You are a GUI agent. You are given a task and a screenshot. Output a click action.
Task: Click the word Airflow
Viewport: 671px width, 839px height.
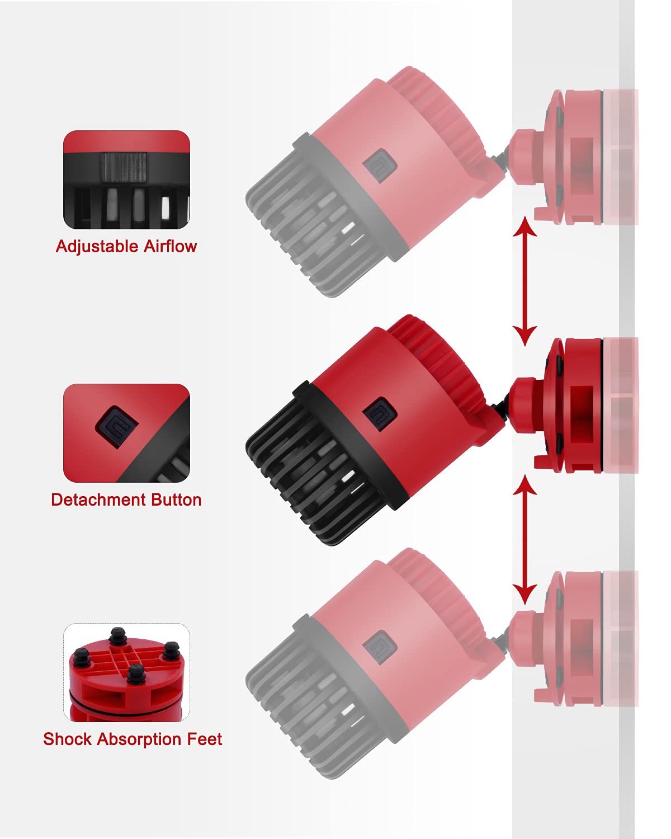(x=170, y=247)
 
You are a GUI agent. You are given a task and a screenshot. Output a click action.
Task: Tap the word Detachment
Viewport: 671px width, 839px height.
(x=93, y=499)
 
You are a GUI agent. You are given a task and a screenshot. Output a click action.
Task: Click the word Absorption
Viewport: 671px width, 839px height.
(x=139, y=739)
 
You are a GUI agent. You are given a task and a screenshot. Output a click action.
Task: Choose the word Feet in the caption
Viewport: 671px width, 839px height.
(x=205, y=739)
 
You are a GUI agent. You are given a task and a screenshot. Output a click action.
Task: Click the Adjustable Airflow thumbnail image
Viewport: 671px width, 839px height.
(x=126, y=180)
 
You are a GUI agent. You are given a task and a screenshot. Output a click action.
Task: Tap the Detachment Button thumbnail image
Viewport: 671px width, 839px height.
(x=126, y=433)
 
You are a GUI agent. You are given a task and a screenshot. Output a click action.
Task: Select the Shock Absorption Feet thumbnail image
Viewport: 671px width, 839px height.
(x=126, y=672)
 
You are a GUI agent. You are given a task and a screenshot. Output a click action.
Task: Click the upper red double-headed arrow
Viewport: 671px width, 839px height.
(x=524, y=281)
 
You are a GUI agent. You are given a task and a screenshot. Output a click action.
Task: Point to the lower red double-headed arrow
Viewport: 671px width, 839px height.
(x=524, y=540)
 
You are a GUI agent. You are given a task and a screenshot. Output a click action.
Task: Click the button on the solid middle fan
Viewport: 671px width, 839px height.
(x=380, y=414)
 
